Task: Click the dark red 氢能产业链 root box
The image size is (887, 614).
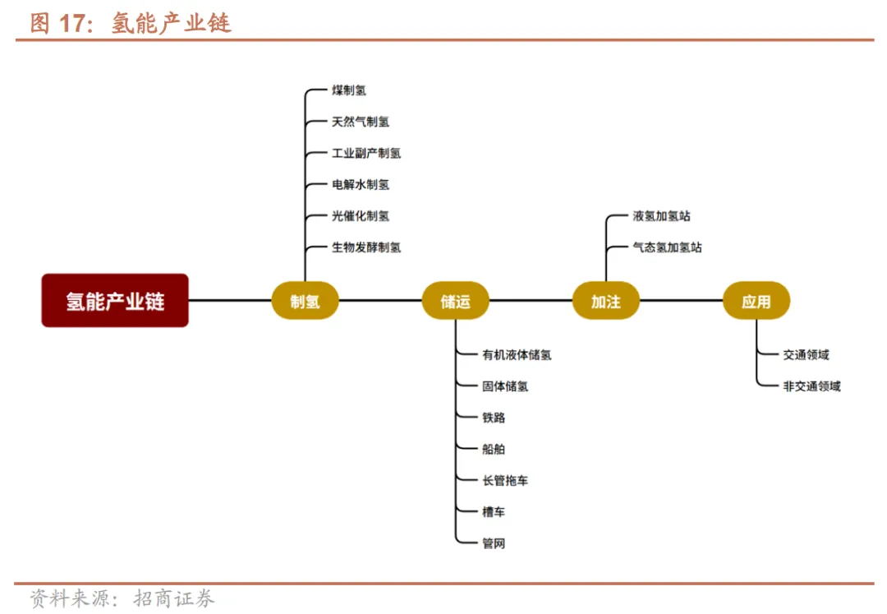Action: [115, 301]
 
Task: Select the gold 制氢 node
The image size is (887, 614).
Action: [305, 301]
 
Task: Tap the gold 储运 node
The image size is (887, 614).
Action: [456, 301]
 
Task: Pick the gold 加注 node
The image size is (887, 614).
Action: [606, 301]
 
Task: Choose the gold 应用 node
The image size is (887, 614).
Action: [756, 301]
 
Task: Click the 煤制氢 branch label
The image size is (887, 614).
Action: [349, 90]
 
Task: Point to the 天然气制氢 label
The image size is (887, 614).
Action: [361, 122]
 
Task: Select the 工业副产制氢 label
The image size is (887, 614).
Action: [366, 153]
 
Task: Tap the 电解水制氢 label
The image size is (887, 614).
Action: [361, 185]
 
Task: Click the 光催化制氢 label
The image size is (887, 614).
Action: [361, 216]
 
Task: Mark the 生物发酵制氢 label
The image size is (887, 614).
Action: [366, 247]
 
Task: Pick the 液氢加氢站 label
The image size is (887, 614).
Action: [661, 216]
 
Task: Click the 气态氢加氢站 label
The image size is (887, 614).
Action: [667, 247]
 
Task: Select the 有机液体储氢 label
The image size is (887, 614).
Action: [517, 355]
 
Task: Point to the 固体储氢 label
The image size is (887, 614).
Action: [505, 386]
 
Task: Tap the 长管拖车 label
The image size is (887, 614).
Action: [505, 481]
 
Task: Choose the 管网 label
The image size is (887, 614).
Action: [494, 543]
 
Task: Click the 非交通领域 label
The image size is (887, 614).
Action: [811, 386]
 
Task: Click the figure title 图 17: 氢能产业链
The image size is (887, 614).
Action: [131, 23]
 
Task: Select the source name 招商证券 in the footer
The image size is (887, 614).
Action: [174, 598]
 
